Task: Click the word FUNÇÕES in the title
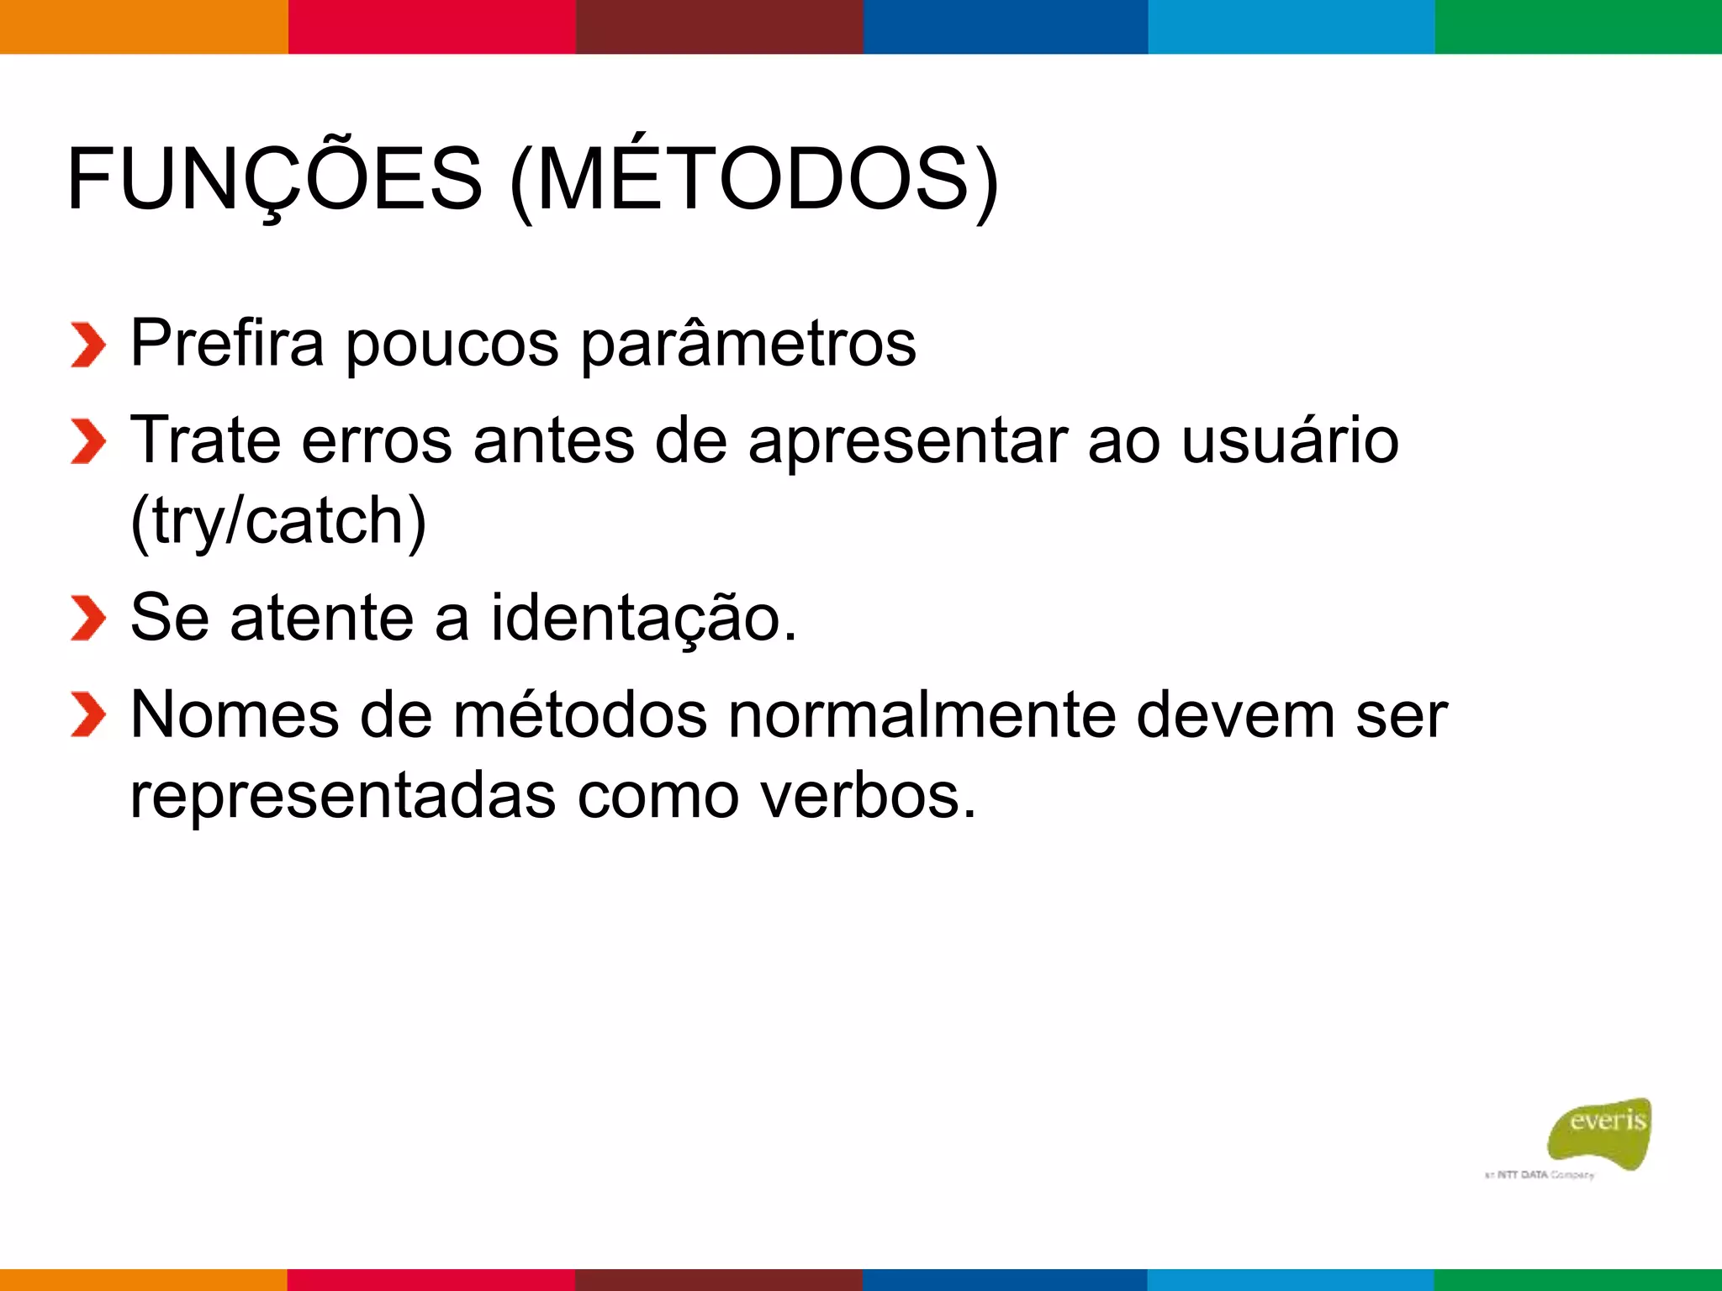pos(274,179)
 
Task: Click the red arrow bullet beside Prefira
pos(88,345)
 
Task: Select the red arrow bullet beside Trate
pos(88,441)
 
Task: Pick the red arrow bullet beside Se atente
pos(88,618)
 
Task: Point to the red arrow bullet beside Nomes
pos(88,714)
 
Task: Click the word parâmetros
pos(748,345)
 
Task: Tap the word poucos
pos(452,345)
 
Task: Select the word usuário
pos(1290,440)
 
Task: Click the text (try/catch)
pos(278,521)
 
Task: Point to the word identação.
pos(643,619)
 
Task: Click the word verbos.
pos(869,795)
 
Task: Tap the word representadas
pos(343,795)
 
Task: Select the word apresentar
pos(908,442)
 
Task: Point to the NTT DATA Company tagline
pos(1539,1175)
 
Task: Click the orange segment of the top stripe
pos(144,26)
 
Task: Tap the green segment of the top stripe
pos(1578,26)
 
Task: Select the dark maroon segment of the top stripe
pos(719,26)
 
